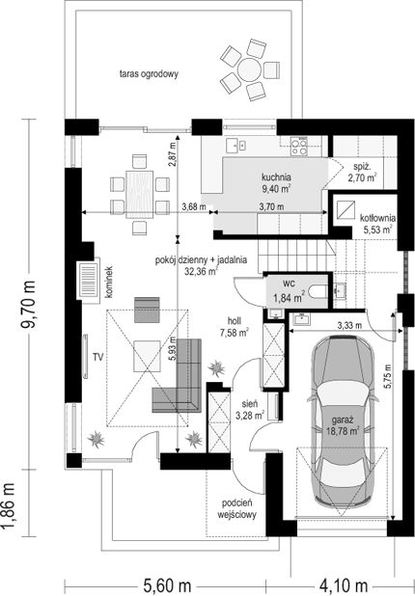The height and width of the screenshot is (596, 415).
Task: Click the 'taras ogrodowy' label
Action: click(x=149, y=74)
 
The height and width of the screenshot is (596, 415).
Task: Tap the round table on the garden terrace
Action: click(x=250, y=68)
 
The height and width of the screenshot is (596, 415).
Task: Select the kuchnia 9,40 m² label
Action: click(x=277, y=182)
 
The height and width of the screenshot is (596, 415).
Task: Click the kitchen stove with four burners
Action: click(x=299, y=147)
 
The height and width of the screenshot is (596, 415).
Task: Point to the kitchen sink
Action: click(x=235, y=145)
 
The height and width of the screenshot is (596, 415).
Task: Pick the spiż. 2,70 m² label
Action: click(x=362, y=172)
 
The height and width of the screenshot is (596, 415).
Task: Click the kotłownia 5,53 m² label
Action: click(x=377, y=224)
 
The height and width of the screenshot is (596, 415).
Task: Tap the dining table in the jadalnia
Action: click(x=140, y=195)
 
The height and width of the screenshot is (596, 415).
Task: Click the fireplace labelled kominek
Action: click(x=89, y=280)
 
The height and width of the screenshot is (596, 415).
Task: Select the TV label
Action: click(x=98, y=357)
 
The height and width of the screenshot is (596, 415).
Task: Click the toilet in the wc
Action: click(x=318, y=292)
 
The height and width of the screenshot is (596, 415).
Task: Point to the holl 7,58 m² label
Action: click(x=235, y=327)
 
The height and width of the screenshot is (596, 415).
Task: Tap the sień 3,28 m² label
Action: click(x=250, y=410)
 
